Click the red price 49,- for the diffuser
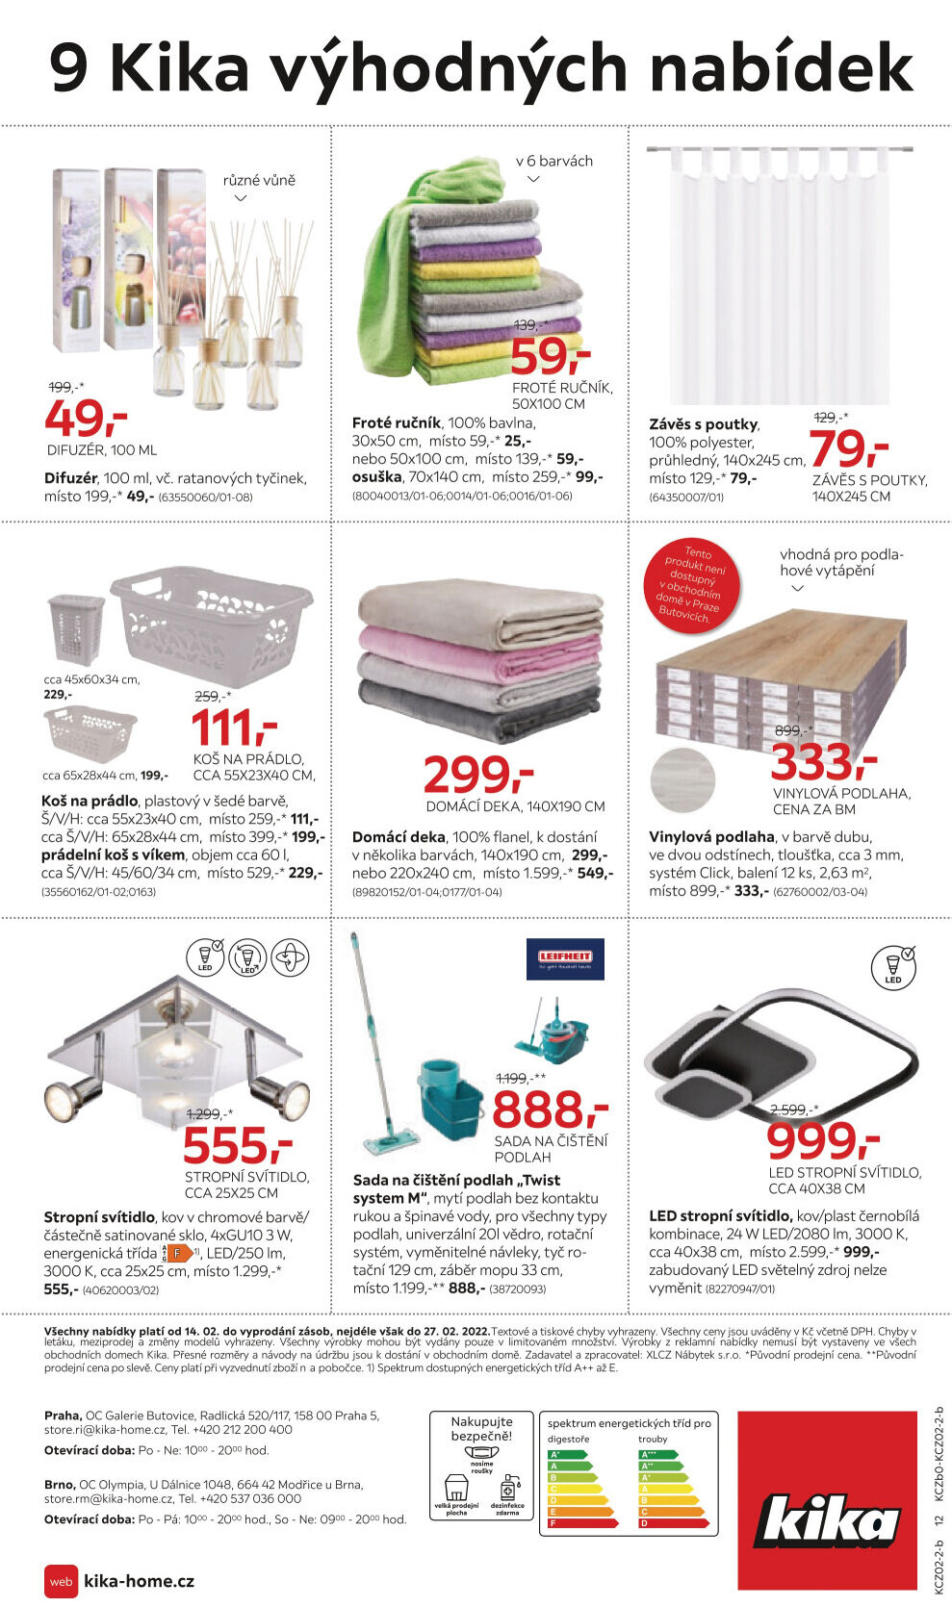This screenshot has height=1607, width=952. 86,419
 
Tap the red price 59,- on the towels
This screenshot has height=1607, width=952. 550,358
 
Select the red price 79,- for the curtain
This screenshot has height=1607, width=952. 848,448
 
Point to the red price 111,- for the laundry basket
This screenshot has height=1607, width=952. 234,728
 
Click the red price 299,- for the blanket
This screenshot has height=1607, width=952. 478,775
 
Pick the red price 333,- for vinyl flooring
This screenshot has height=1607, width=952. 823,763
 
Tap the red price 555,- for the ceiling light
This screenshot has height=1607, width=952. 238,1146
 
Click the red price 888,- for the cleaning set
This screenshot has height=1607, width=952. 550,1110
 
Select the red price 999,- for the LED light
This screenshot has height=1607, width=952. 823,1142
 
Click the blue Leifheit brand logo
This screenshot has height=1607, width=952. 565,958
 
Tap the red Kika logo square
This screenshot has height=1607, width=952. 827,1500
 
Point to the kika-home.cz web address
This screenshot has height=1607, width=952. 140,1581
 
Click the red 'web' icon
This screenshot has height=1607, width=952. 61,1581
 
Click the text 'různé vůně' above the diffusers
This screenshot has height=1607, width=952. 259,180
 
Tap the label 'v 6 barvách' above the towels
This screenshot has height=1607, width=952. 554,161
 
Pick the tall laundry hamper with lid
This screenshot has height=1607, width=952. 74,628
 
